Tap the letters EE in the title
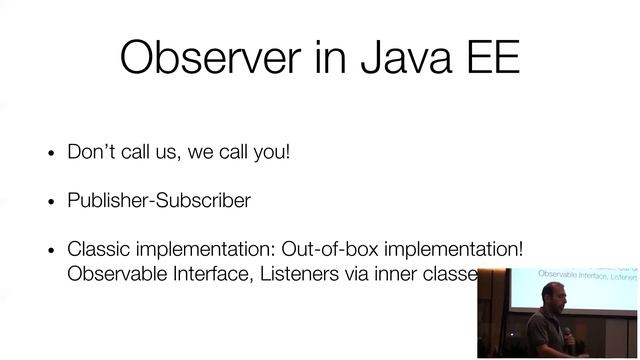489,57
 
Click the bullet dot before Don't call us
51,155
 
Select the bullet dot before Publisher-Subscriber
51,202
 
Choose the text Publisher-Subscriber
159,200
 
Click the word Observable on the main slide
113,274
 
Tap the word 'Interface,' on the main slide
207,274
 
